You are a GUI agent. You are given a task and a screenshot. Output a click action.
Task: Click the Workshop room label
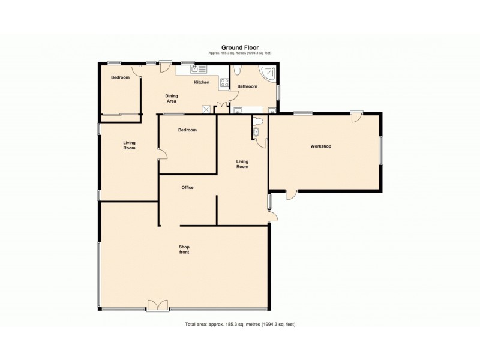(320, 146)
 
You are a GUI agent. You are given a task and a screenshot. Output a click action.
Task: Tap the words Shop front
(184, 250)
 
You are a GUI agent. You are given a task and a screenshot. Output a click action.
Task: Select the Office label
(187, 188)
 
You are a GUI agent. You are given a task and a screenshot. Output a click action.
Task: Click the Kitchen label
(202, 82)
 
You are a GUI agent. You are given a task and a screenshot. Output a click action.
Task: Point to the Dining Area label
(172, 98)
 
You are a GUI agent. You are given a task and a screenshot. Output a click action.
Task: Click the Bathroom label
(247, 86)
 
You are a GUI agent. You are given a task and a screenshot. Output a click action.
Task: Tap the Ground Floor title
(239, 47)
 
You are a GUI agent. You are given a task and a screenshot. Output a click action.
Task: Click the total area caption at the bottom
(239, 325)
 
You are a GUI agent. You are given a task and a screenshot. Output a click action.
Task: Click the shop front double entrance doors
(157, 306)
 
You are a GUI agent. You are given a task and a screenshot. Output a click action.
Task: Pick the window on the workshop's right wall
(381, 149)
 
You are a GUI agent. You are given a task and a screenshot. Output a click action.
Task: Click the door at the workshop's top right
(356, 116)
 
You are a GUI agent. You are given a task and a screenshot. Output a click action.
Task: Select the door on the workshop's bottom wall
(290, 194)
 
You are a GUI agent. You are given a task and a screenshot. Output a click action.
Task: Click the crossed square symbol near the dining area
(206, 109)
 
